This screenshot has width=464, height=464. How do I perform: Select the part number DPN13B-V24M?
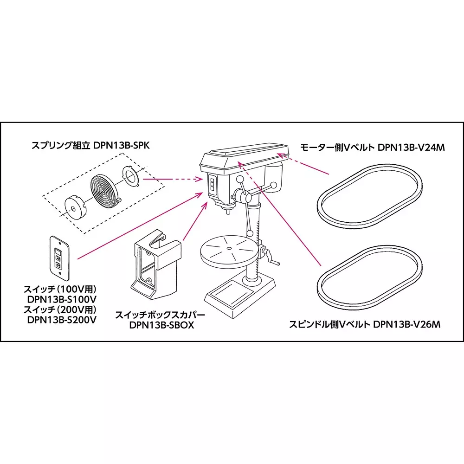point(411,148)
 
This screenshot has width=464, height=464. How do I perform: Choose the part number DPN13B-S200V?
point(62,319)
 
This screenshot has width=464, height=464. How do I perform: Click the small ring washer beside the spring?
point(131,176)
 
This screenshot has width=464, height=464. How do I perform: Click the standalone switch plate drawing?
point(58,258)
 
